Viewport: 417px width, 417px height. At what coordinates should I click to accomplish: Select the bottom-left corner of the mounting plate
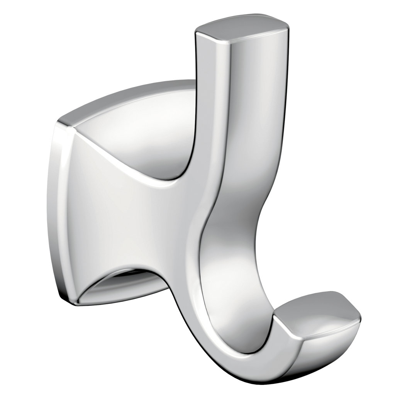[64, 297]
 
